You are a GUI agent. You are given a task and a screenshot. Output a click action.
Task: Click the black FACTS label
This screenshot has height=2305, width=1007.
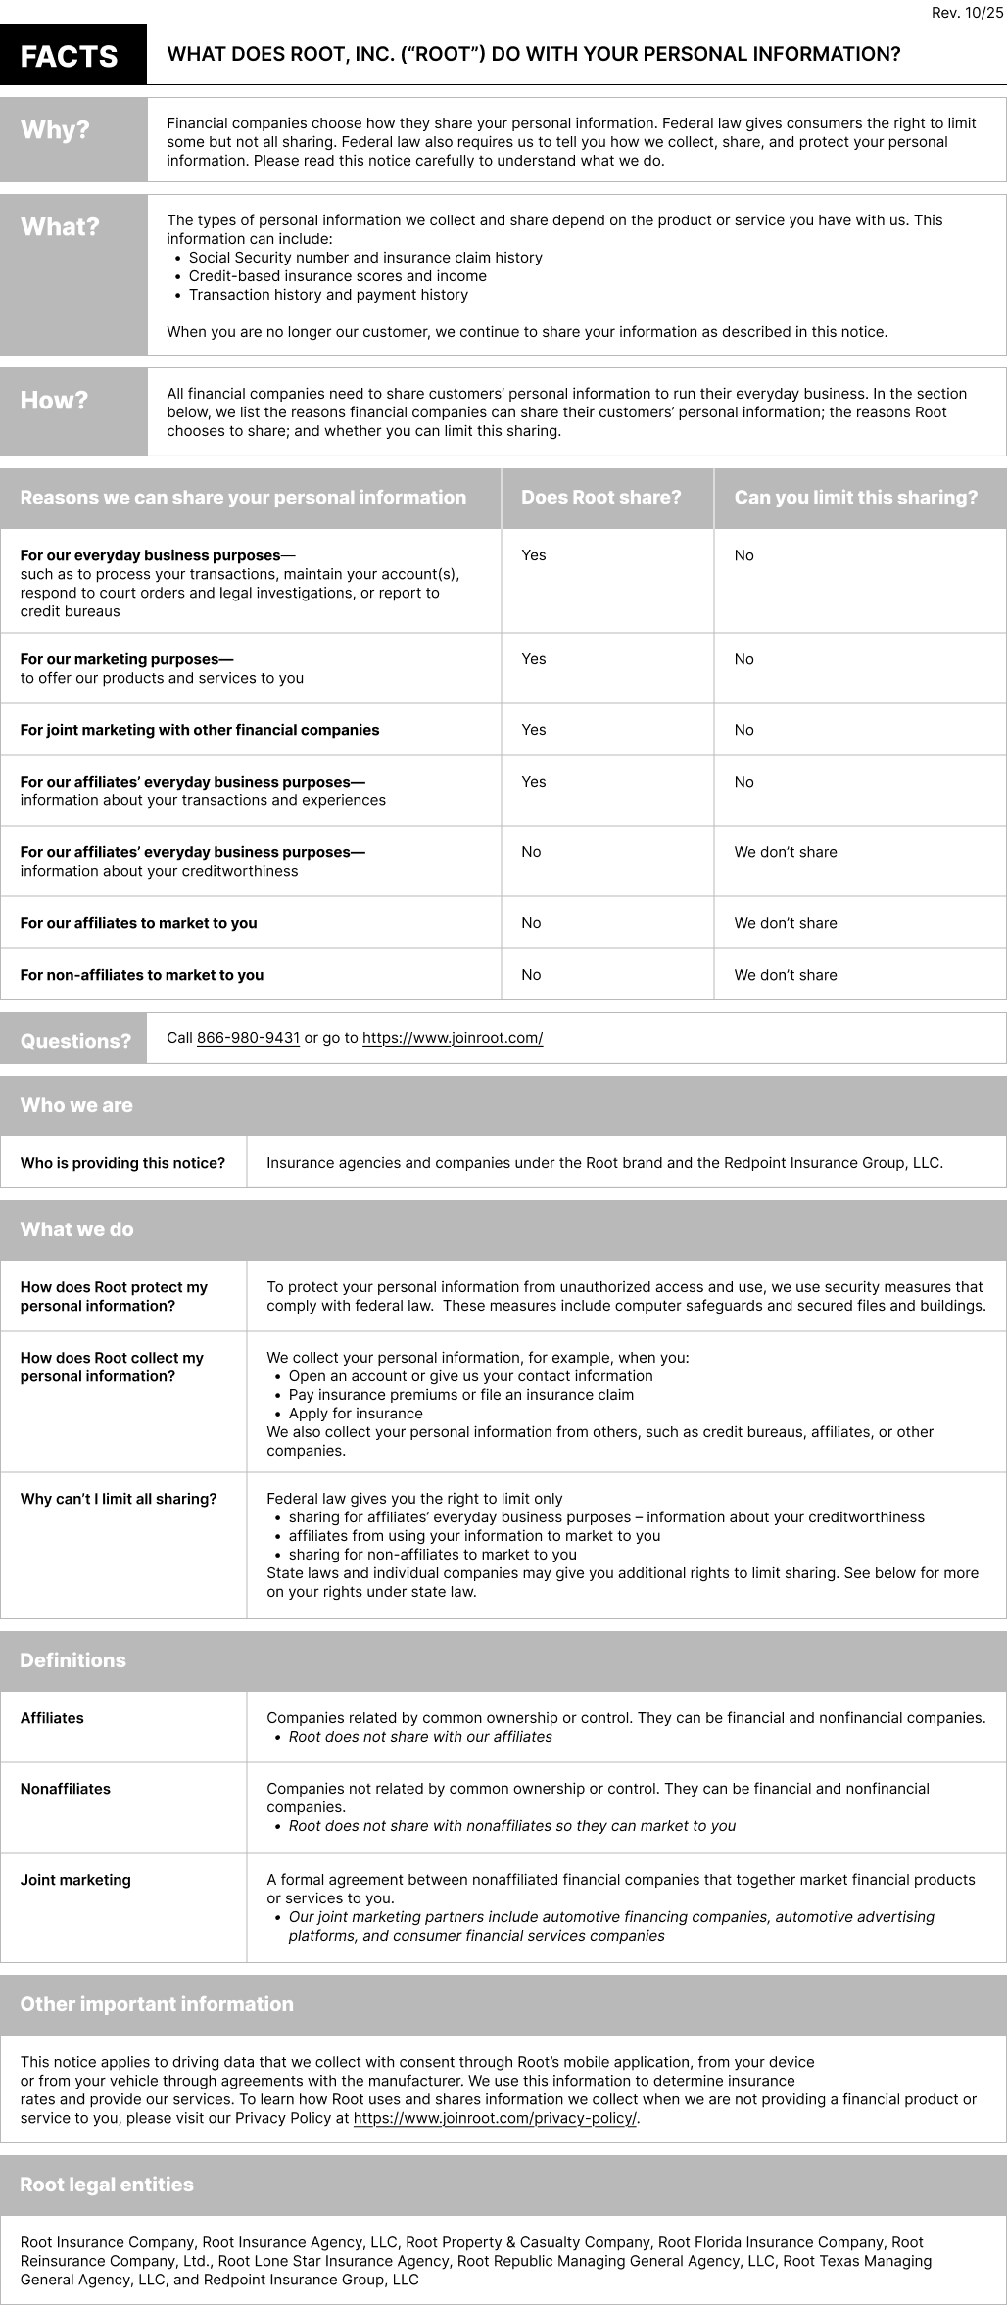click(x=69, y=56)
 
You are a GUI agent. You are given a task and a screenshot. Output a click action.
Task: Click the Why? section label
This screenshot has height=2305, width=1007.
click(x=55, y=130)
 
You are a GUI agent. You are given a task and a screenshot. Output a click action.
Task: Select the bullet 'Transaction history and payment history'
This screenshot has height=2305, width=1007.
click(x=328, y=295)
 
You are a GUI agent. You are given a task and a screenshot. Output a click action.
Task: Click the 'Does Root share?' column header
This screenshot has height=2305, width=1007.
click(x=600, y=498)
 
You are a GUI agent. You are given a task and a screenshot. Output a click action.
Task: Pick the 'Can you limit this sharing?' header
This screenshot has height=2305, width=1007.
click(x=855, y=498)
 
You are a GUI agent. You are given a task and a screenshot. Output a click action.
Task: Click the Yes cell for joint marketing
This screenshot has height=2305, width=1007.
click(x=534, y=730)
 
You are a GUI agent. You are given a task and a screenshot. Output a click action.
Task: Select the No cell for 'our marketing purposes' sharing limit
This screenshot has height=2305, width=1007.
click(x=744, y=659)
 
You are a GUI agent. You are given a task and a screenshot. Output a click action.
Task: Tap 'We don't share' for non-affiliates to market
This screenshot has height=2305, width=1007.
click(x=786, y=975)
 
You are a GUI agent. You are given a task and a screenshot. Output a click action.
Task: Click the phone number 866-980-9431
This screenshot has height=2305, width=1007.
click(x=248, y=1038)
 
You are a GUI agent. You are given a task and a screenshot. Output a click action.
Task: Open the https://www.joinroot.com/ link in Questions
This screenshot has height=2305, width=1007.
click(x=453, y=1038)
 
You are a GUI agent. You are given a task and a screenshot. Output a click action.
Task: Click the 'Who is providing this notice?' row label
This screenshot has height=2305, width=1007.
click(x=122, y=1163)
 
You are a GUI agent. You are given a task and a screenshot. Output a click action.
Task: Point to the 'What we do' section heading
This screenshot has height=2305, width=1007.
click(x=76, y=1229)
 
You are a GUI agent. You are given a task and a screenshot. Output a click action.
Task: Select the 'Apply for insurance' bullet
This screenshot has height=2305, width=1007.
click(x=356, y=1414)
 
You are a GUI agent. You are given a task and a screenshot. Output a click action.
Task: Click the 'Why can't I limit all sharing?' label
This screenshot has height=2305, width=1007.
click(x=119, y=1499)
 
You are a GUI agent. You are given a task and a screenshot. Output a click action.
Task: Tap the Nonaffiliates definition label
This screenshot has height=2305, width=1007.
click(x=66, y=1789)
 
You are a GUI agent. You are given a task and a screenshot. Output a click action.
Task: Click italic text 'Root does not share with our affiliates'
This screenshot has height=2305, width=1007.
click(x=420, y=1737)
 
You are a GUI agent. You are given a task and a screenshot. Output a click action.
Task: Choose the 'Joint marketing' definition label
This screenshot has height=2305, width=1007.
click(x=75, y=1880)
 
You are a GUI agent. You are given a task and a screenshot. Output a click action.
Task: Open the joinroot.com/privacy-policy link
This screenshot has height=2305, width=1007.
click(x=495, y=2118)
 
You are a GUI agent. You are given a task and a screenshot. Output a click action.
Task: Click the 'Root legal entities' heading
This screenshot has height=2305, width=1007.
click(x=107, y=2185)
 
